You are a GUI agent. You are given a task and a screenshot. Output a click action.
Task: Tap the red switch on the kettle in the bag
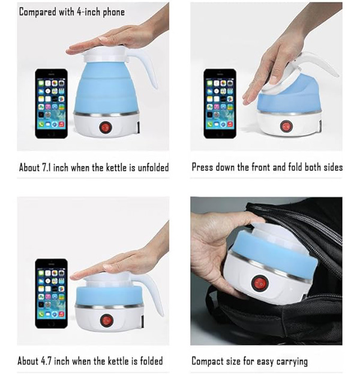pyautogui.click(x=260, y=283)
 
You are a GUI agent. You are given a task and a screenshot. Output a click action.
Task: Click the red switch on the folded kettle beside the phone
pyautogui.click(x=107, y=320)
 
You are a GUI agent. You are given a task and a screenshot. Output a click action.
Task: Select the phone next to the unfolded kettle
pyautogui.click(x=52, y=104)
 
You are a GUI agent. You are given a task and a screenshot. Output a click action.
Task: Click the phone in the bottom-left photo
pyautogui.click(x=52, y=294)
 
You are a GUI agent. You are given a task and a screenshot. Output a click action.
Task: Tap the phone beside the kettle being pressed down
pyautogui.click(x=220, y=104)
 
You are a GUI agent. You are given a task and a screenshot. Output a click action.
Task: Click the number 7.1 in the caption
pyautogui.click(x=47, y=167)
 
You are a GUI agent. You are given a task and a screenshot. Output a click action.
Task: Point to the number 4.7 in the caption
pyautogui.click(x=46, y=361)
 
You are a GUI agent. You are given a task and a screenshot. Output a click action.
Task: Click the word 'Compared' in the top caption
pyautogui.click(x=37, y=12)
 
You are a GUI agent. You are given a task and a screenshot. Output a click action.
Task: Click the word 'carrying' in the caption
pyautogui.click(x=292, y=362)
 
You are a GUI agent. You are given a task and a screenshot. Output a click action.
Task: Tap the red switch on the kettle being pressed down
pyautogui.click(x=286, y=126)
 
